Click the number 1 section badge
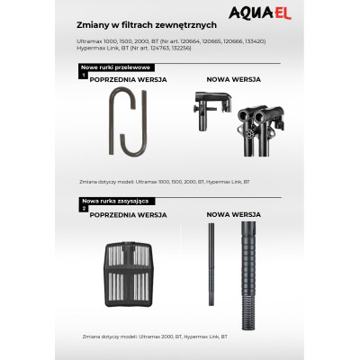click(x=84, y=76)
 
